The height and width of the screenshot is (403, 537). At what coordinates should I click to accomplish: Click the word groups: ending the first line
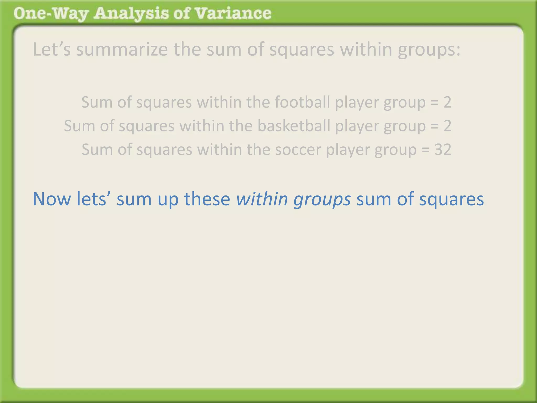429,50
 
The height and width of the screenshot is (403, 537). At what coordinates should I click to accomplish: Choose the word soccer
298,150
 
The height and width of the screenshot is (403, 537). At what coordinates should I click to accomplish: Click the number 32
443,150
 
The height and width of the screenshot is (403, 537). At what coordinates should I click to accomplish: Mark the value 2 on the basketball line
447,126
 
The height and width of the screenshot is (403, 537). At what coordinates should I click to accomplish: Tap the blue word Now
52,199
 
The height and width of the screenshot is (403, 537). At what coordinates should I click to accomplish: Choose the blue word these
207,199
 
